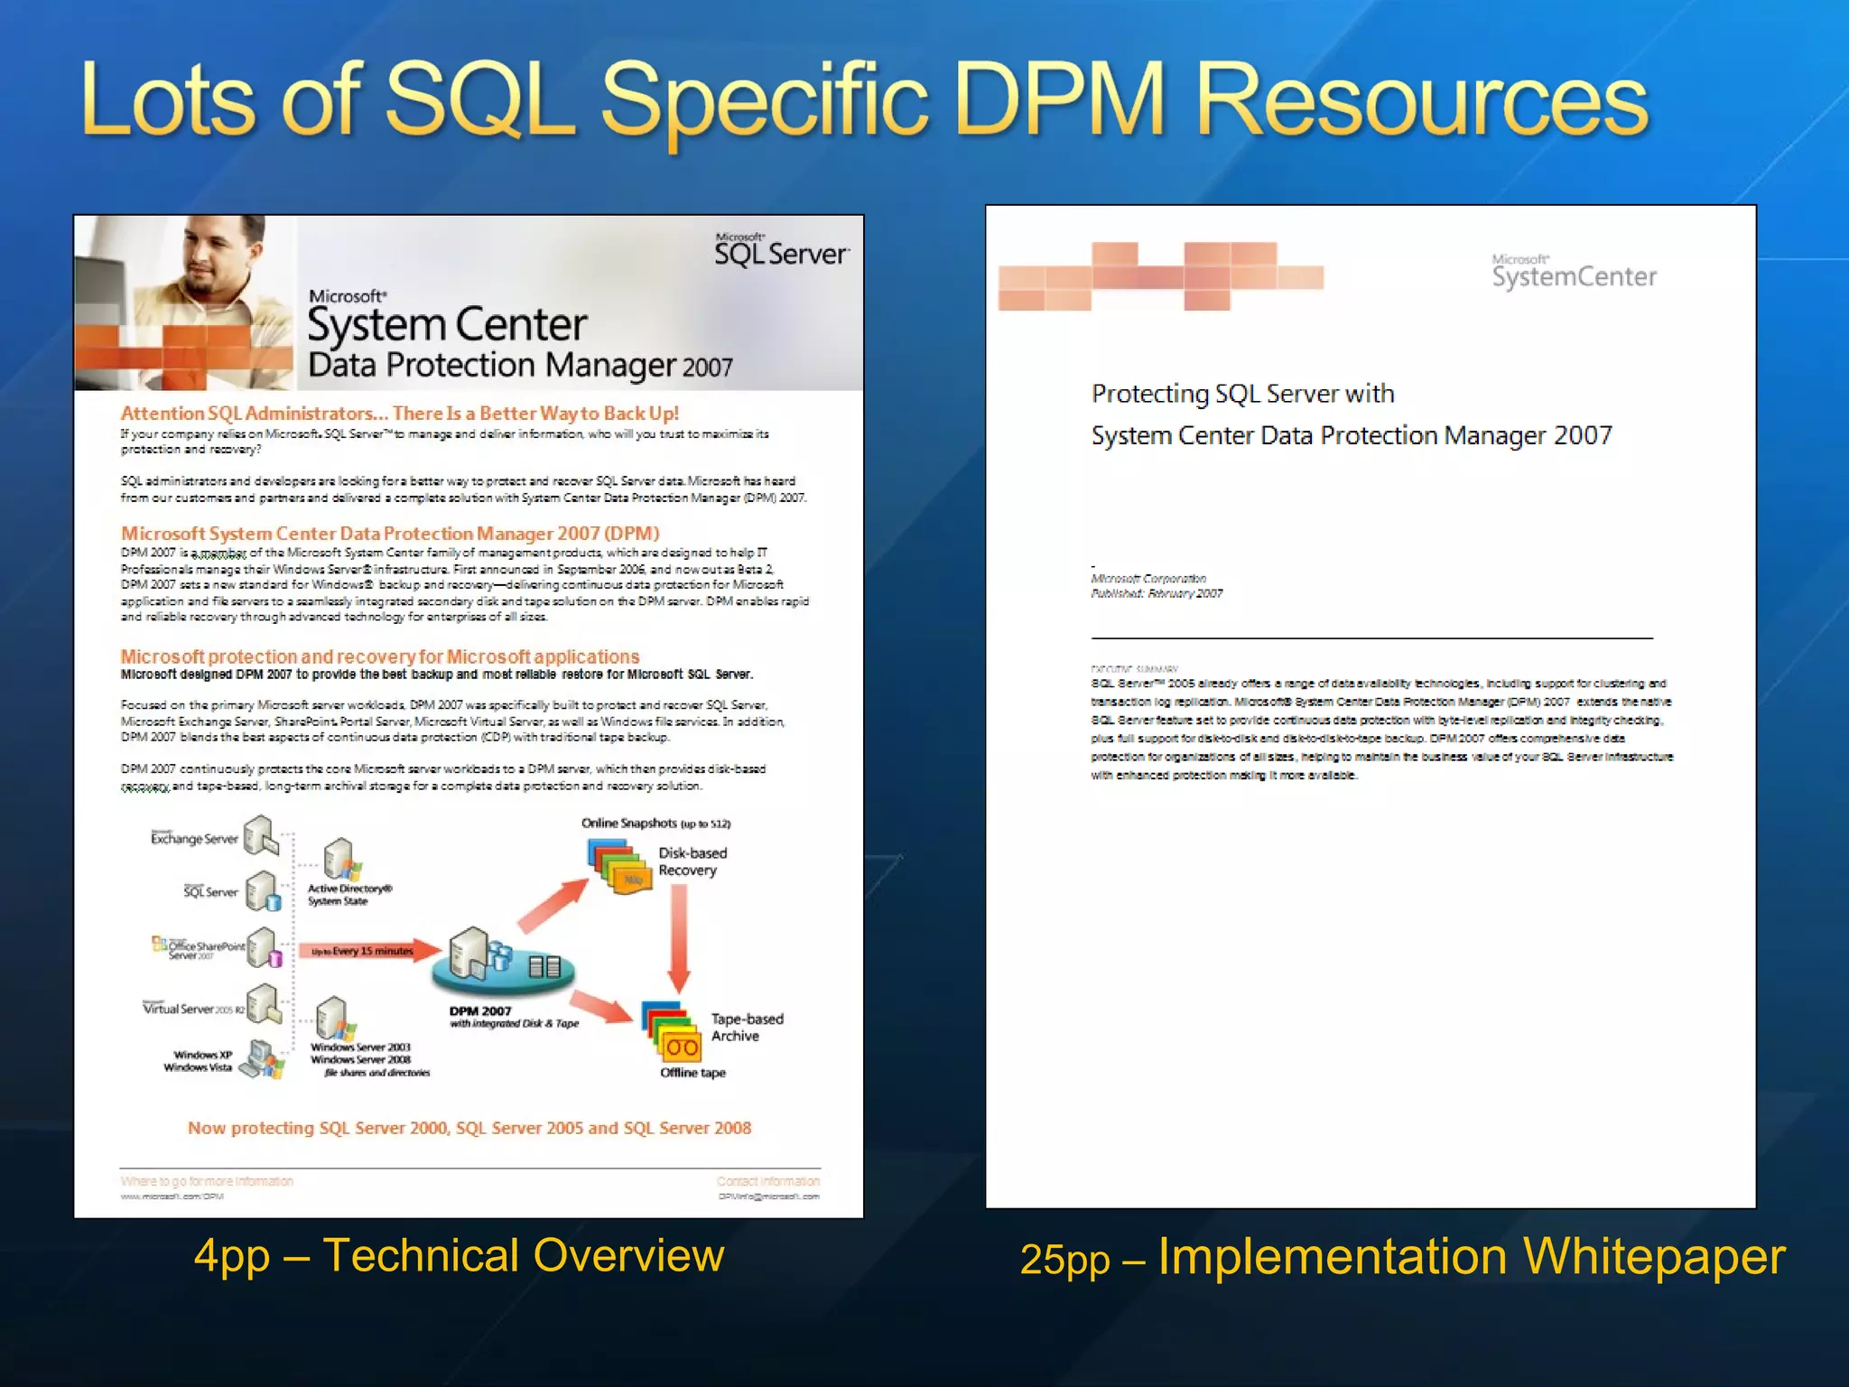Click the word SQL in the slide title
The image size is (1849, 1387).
pos(480,101)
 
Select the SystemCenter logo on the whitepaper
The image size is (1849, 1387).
pos(1574,273)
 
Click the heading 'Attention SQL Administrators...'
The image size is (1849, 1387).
pos(399,414)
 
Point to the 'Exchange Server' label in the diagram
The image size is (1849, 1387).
pos(193,839)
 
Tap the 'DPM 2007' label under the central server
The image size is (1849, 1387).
pos(480,1011)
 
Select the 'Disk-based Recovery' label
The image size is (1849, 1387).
pos(692,861)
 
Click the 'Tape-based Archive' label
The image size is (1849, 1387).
pos(746,1028)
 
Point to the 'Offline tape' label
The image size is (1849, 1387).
pos(692,1073)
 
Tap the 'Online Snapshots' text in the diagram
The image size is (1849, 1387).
pos(629,824)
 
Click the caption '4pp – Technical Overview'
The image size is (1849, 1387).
pos(459,1256)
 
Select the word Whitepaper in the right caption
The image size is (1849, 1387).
pos(1652,1256)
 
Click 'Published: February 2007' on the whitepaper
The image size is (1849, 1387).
pos(1157,593)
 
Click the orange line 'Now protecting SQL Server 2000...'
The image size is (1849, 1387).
pos(469,1128)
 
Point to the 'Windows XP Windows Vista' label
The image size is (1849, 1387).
pos(199,1061)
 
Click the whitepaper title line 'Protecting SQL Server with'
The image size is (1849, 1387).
pos(1242,394)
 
